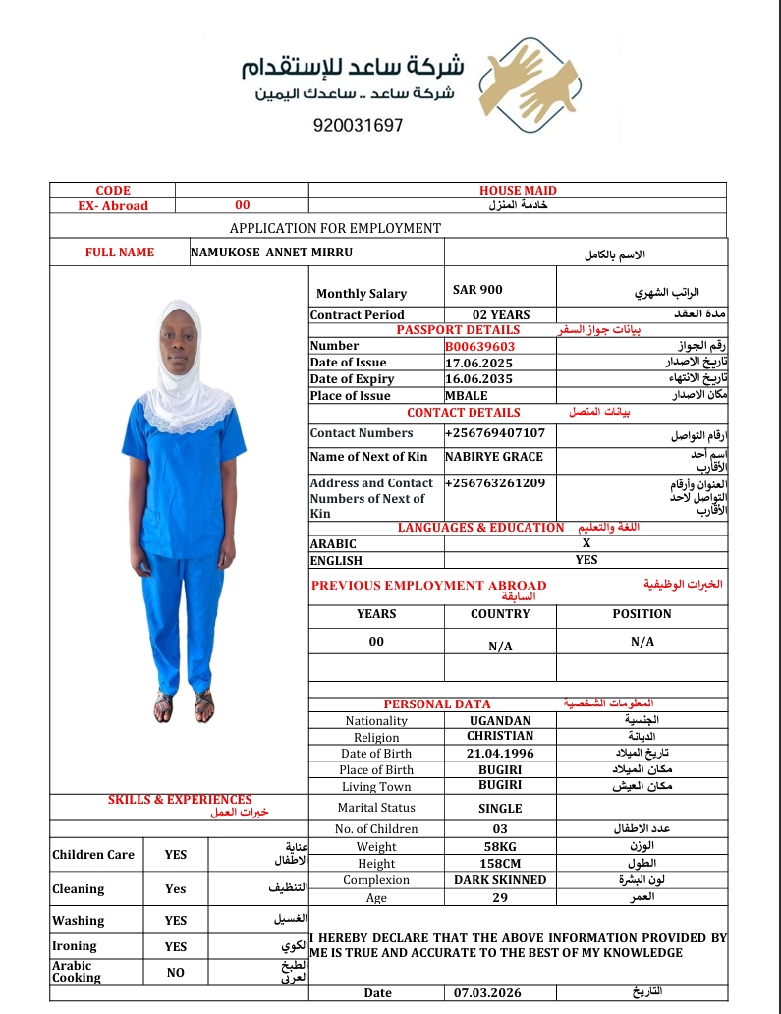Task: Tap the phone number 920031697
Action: [359, 126]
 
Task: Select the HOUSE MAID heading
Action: [518, 191]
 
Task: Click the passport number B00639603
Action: [479, 346]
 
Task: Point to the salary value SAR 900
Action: [477, 290]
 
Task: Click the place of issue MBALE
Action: [466, 396]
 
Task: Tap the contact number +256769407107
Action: [495, 433]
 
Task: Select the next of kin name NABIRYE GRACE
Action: [493, 457]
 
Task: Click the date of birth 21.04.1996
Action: [500, 753]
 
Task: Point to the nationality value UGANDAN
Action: [500, 720]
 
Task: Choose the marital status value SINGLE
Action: [500, 808]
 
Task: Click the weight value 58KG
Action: [500, 846]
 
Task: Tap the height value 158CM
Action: [500, 863]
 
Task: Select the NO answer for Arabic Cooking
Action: [175, 973]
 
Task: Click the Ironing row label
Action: [75, 946]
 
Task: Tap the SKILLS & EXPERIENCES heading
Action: [180, 800]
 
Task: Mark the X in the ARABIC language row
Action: [586, 543]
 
